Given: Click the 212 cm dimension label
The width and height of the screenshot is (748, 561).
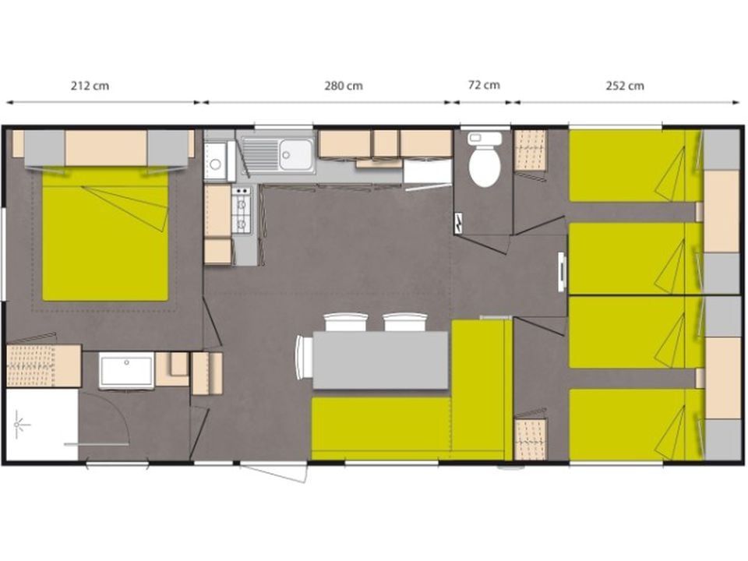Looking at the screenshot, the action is (90, 86).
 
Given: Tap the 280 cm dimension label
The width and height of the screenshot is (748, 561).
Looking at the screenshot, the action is (344, 86).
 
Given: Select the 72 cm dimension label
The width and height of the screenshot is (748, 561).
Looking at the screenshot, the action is (484, 85).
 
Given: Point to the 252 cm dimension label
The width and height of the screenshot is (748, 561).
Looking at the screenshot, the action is (625, 86).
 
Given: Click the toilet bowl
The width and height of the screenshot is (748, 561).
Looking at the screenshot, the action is (485, 165).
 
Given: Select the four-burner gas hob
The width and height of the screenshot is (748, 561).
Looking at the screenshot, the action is (242, 210).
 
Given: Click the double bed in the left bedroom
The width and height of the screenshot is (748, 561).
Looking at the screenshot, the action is (105, 234).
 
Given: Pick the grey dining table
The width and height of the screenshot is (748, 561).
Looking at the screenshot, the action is (380, 360).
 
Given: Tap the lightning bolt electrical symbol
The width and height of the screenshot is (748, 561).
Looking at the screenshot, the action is (458, 223).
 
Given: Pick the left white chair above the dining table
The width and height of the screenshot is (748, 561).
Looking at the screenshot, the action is (345, 322).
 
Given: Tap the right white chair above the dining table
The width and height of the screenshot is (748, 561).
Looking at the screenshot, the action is (405, 322).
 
